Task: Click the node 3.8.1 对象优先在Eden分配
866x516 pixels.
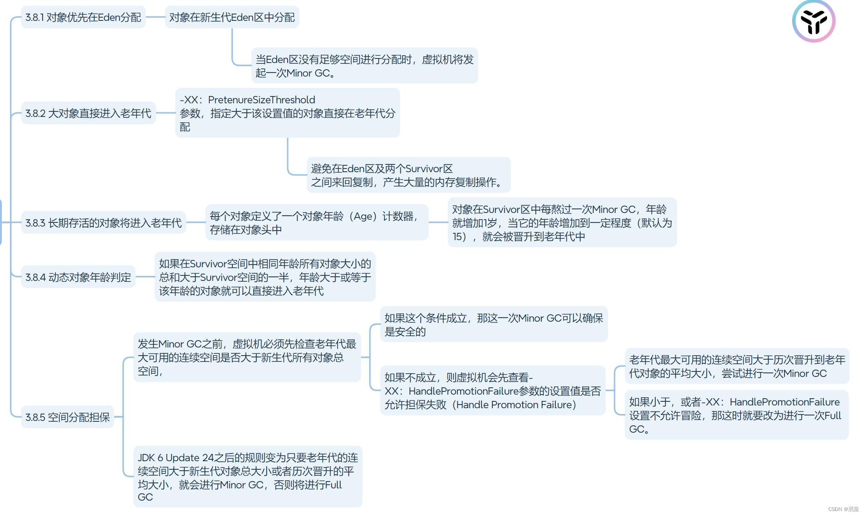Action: coord(83,17)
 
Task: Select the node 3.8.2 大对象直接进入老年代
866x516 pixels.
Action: coord(88,113)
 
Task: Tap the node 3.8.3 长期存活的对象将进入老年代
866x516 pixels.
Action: coord(103,223)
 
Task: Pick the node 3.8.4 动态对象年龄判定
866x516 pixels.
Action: coord(78,277)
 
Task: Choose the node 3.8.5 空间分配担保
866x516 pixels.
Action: coord(67,417)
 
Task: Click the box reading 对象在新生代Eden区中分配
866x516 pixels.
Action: coord(232,17)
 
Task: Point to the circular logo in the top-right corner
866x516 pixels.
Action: coord(813,21)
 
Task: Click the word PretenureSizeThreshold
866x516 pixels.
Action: coord(261,100)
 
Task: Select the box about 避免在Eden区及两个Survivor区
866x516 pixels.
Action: coord(408,175)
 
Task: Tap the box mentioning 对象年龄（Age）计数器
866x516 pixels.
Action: coord(316,223)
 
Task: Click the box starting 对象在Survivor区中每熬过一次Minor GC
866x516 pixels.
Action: coord(562,223)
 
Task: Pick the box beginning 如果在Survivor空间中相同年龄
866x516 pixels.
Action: coord(265,277)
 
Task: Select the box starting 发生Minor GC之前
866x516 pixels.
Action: coord(247,357)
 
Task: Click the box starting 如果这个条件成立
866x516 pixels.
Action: coord(493,325)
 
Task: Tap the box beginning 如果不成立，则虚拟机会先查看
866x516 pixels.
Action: coord(492,391)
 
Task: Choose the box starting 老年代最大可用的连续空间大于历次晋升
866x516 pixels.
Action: coord(736,367)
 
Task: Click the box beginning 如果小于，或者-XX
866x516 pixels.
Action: coord(736,415)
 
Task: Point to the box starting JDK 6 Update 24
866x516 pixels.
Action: coord(248,477)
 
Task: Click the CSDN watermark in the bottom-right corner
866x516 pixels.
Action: coord(843,509)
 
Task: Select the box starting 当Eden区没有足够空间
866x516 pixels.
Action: coord(364,66)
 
